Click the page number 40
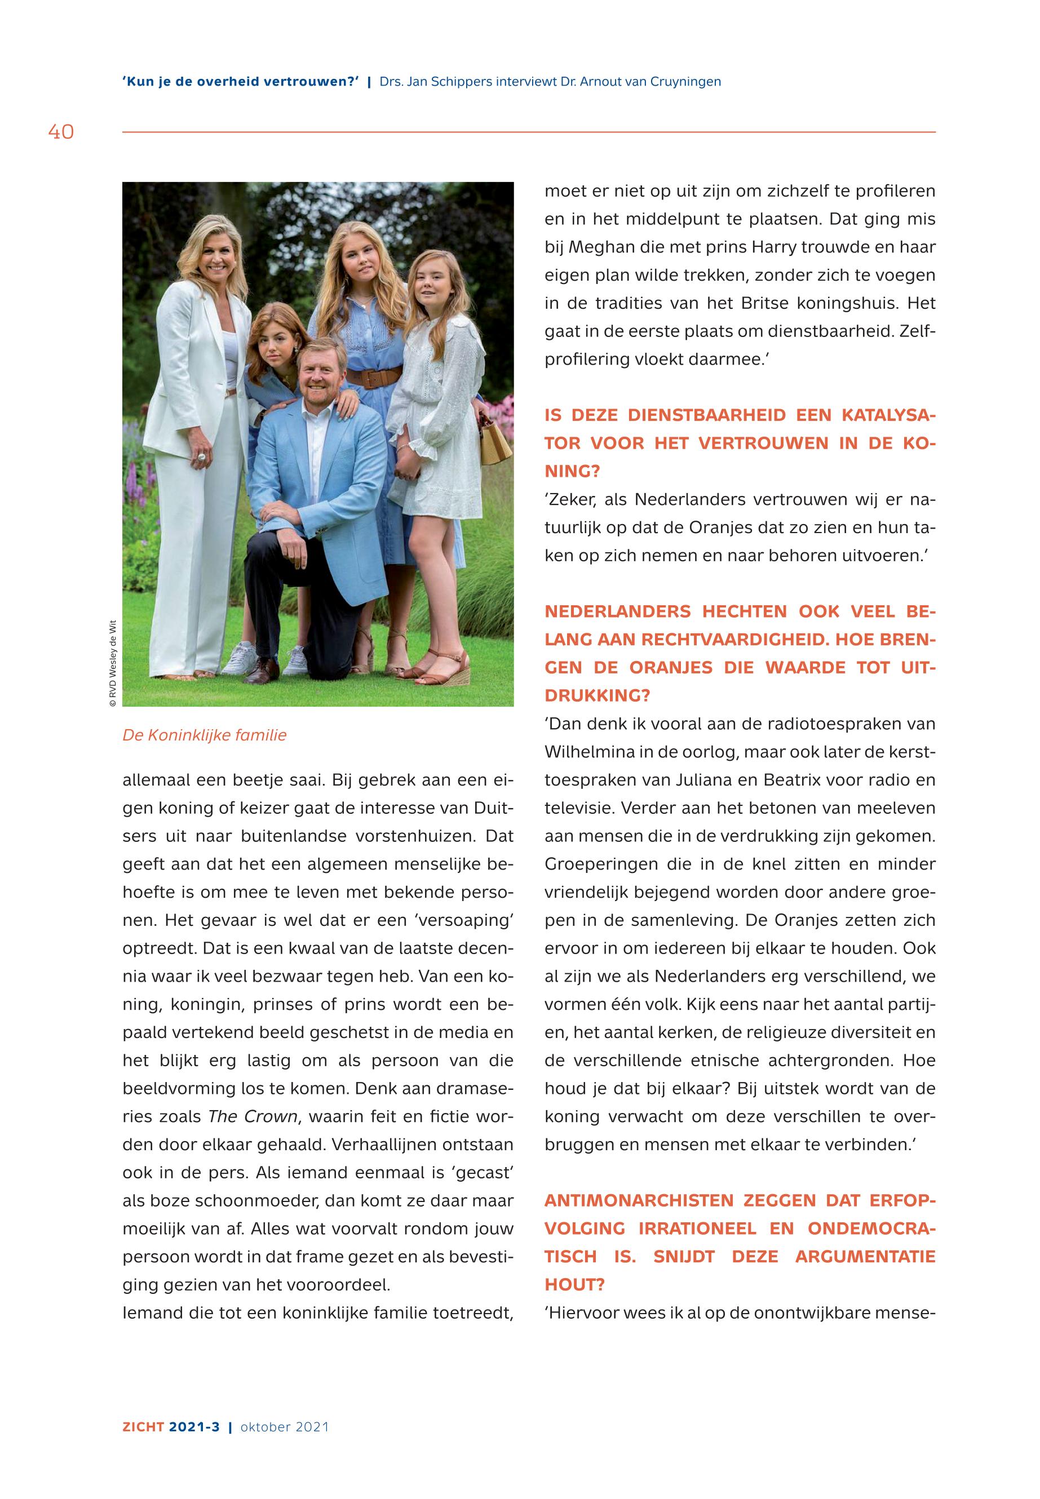[x=61, y=132]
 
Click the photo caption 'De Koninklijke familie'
[x=204, y=735]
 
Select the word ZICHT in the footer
[x=143, y=1427]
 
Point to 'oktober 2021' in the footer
[x=285, y=1427]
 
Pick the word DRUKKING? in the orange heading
[x=598, y=696]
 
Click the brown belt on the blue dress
[x=373, y=377]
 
